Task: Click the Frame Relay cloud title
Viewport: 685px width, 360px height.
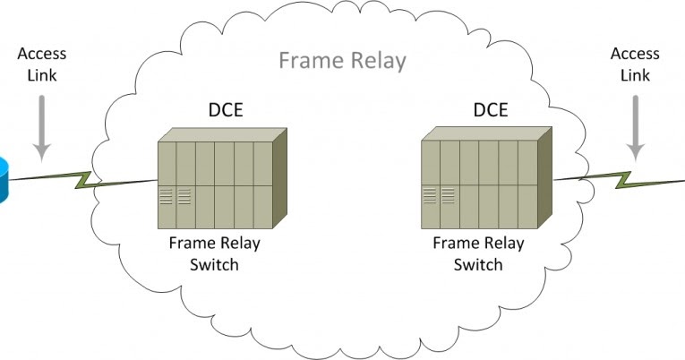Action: (342, 61)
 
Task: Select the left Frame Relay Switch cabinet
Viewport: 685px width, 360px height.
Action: (215, 179)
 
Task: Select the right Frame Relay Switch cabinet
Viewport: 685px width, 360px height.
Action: (479, 179)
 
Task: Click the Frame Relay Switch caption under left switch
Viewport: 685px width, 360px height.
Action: (214, 253)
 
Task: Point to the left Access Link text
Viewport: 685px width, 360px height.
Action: (41, 64)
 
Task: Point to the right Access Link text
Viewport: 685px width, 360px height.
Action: (634, 64)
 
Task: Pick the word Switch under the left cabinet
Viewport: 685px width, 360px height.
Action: (214, 264)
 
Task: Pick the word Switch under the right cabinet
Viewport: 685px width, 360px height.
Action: (478, 264)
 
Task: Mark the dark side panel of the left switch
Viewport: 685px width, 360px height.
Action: (279, 179)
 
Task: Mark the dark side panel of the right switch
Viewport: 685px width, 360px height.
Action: (544, 179)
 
